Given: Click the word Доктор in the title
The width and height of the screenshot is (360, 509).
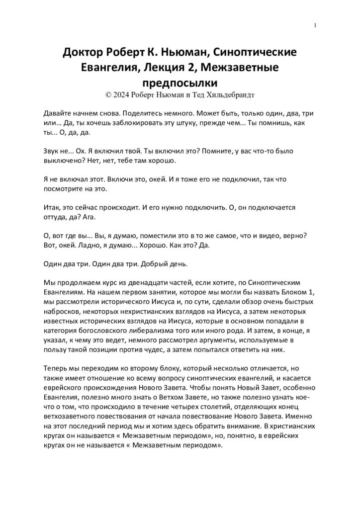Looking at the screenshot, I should (85, 53).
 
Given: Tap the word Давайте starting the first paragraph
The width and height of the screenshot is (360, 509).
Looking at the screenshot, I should (59, 113).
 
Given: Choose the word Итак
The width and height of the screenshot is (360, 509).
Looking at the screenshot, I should (53, 206).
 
